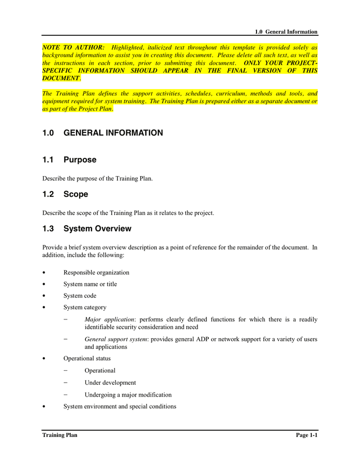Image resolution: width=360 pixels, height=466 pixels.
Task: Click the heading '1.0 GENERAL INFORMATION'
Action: (x=102, y=133)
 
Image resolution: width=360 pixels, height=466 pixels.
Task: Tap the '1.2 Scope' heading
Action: (x=65, y=194)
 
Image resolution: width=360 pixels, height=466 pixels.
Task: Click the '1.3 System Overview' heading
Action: (x=87, y=229)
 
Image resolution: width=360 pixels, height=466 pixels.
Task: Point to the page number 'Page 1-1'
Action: (x=306, y=435)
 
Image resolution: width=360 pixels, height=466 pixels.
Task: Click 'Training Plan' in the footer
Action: (x=60, y=435)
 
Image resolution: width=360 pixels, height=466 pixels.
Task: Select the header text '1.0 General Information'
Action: (x=286, y=32)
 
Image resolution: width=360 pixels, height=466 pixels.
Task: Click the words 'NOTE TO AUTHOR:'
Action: (x=73, y=47)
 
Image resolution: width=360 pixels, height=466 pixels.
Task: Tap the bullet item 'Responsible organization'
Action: (x=96, y=273)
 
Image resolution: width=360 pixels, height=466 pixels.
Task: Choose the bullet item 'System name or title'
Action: (x=90, y=284)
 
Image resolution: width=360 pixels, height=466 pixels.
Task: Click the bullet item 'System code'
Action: (x=80, y=296)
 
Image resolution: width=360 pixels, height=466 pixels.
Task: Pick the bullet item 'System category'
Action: (x=85, y=308)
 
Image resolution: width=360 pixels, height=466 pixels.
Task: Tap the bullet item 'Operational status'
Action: (x=87, y=359)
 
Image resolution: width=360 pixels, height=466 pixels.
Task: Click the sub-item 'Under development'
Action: (x=110, y=383)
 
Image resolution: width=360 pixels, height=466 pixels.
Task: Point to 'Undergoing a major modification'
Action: (x=128, y=395)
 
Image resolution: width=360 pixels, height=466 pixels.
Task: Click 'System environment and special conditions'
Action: (x=119, y=407)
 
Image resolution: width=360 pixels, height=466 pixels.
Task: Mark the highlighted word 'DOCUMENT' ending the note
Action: (x=61, y=78)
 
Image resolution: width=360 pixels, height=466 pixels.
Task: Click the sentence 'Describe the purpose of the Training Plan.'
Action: (x=97, y=179)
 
